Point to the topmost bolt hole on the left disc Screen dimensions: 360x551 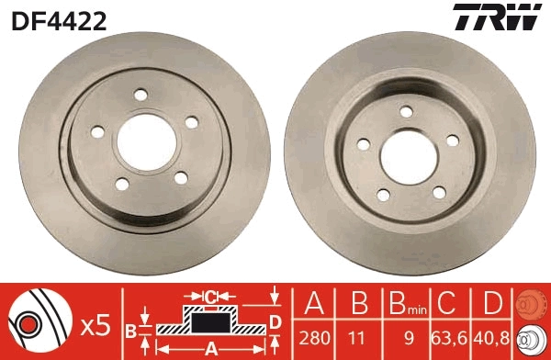tap(141, 94)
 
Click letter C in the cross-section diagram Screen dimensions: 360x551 tap(209, 297)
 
